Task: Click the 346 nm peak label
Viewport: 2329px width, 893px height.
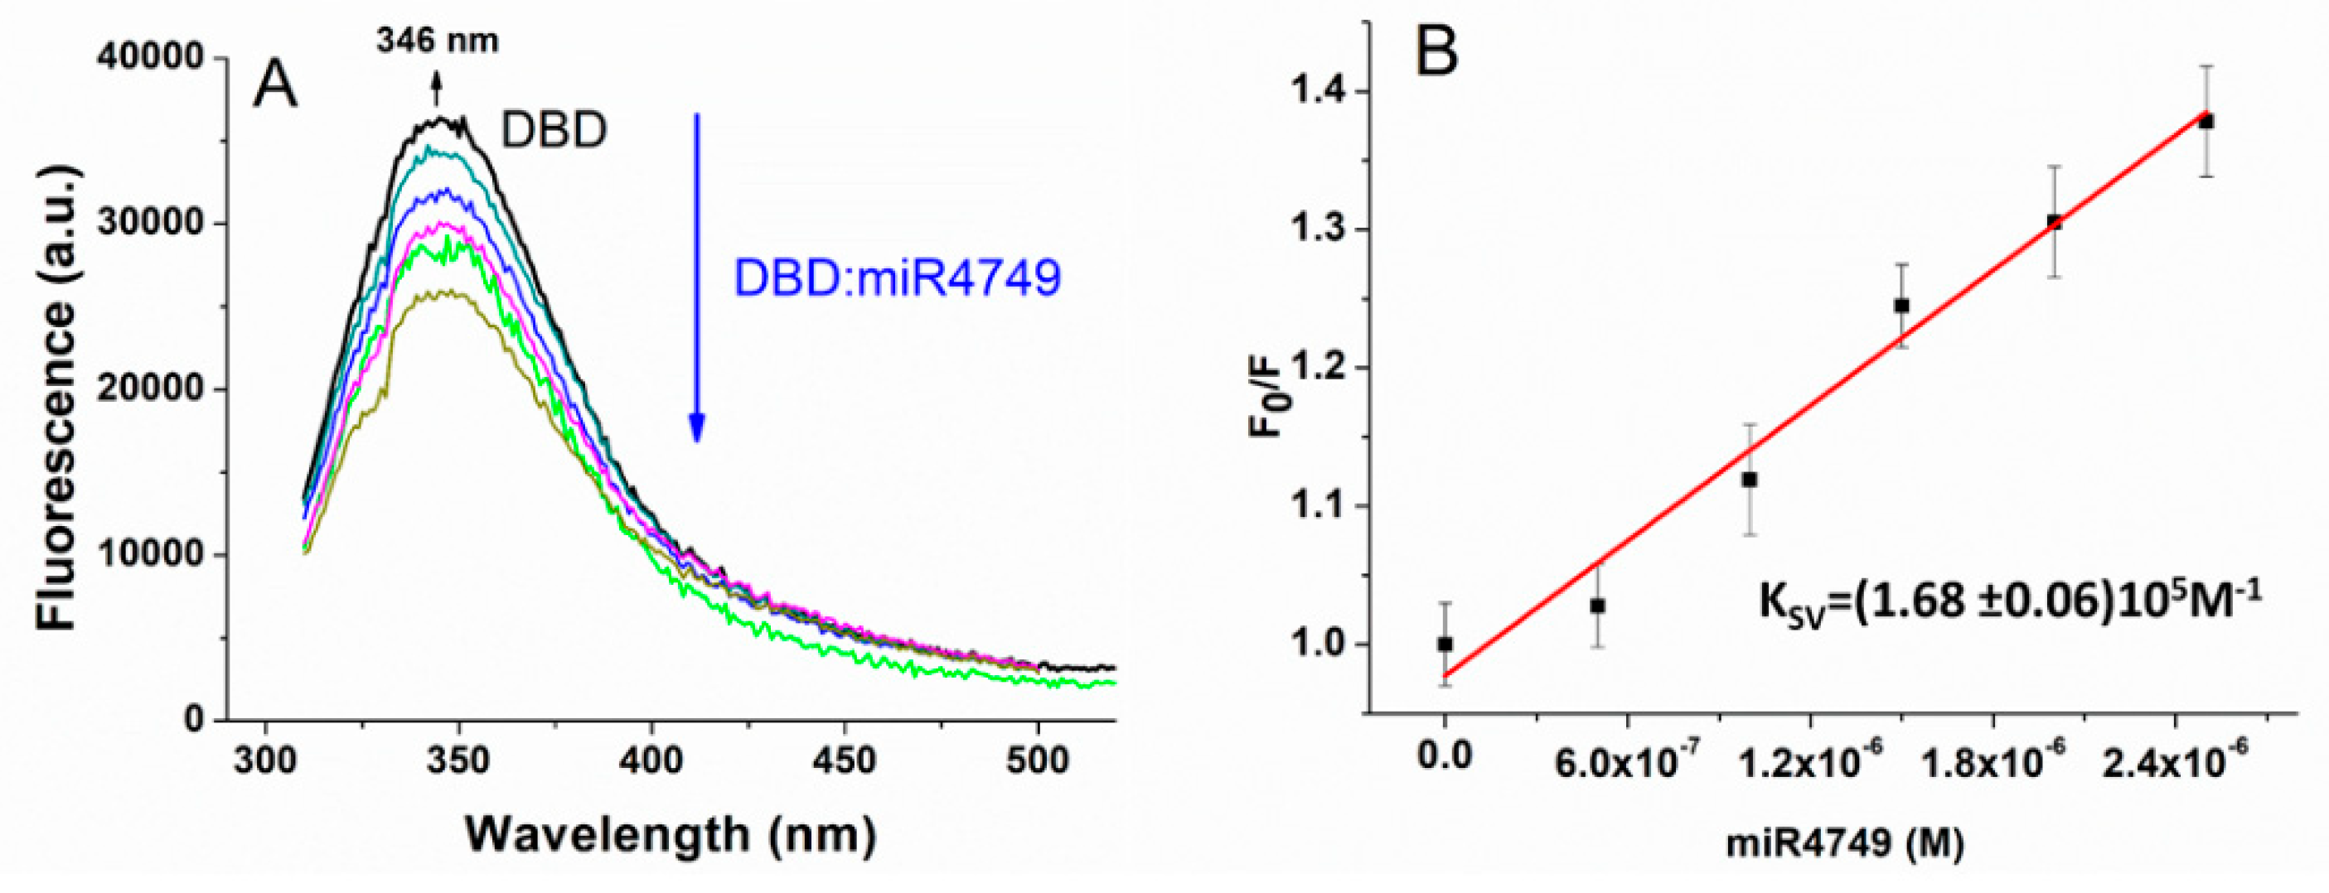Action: tap(437, 41)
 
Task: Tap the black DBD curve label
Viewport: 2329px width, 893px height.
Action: tap(554, 132)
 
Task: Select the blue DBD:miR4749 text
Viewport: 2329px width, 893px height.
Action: tap(897, 278)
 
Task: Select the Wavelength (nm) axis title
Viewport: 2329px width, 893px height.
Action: tap(670, 835)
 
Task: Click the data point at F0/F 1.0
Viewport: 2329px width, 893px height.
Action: tap(1445, 644)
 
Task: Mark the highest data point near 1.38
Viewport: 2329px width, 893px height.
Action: tap(2206, 121)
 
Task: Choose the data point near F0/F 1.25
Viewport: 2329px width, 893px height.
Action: tap(1901, 306)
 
